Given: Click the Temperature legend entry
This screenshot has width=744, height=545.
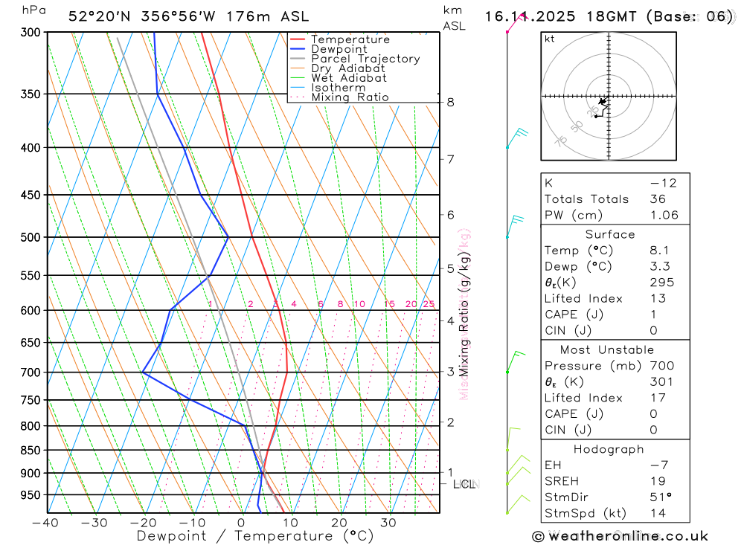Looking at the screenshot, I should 350,39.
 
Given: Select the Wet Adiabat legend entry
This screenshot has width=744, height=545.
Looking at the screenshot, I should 348,78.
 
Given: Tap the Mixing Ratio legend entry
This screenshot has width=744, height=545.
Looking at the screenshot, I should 350,97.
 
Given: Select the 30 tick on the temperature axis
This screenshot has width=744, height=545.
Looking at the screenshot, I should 388,523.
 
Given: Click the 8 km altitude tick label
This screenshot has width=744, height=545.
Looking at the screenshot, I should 451,102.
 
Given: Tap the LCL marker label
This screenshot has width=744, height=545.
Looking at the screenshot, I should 464,485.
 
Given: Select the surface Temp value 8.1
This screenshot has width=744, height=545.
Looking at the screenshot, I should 658,251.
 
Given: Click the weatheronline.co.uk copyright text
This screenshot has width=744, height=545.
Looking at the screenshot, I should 620,536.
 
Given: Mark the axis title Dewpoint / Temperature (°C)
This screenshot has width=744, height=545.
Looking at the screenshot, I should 255,535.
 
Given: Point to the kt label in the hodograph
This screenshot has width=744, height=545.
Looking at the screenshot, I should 549,39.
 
